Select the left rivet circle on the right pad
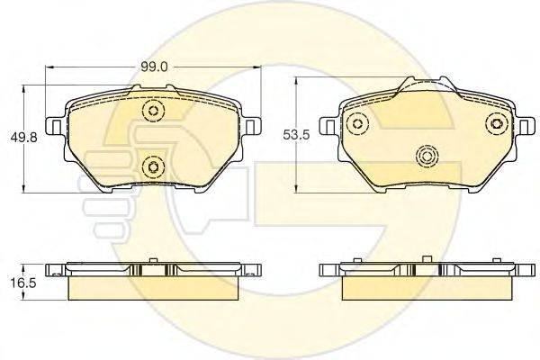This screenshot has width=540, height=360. point(358,124)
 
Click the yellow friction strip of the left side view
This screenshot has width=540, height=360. point(153,286)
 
